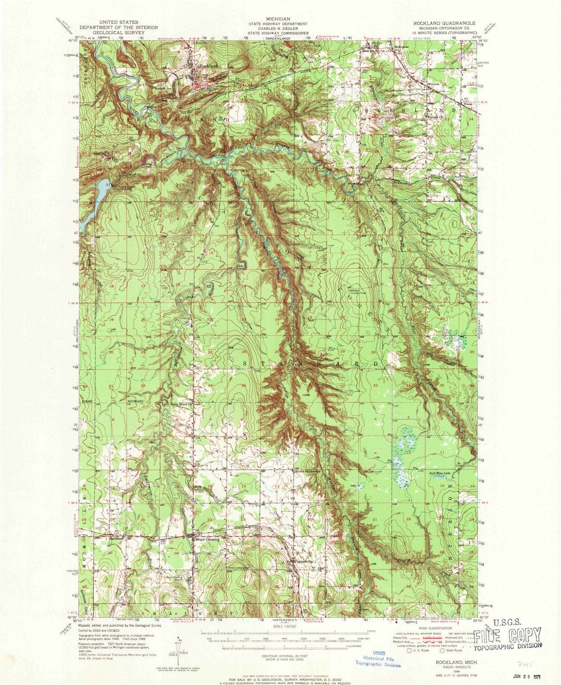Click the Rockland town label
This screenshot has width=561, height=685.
pyautogui.click(x=208, y=66)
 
